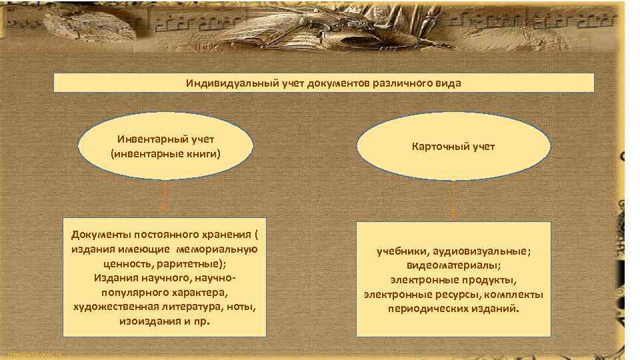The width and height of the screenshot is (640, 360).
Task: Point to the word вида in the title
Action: (x=449, y=83)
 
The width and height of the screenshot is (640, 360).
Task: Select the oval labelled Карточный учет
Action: (x=453, y=146)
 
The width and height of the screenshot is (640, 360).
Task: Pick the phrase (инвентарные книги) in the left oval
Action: (x=165, y=153)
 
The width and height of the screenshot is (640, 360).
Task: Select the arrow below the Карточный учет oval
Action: (x=453, y=199)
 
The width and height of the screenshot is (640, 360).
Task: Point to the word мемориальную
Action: (x=217, y=249)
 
